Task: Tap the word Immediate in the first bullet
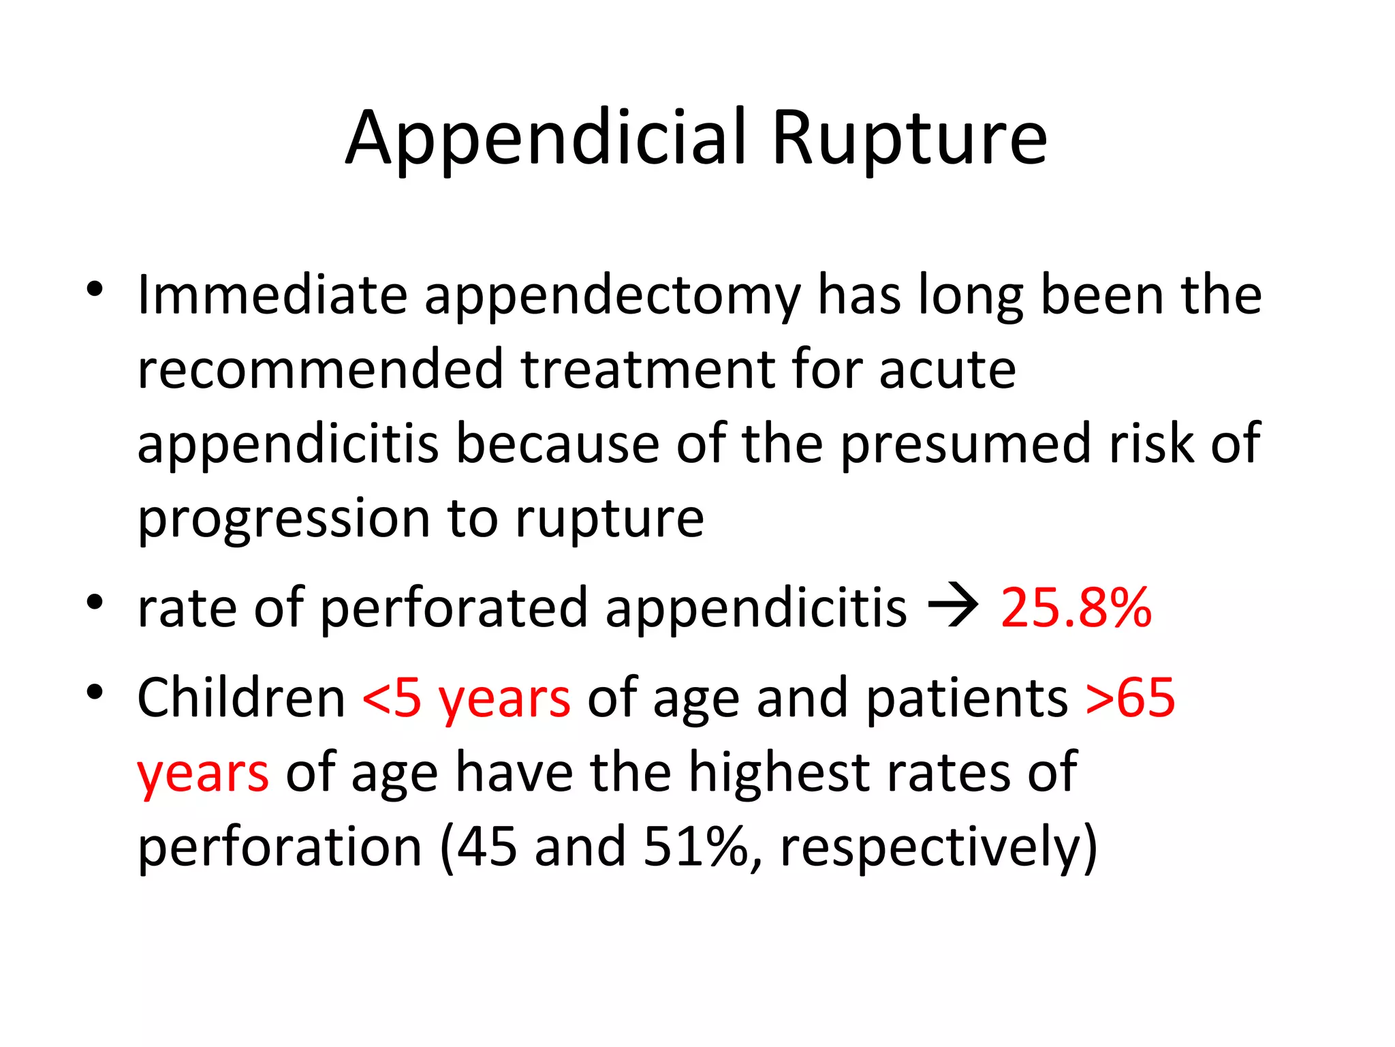pos(272,295)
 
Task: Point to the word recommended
pos(320,369)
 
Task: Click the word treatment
pos(647,369)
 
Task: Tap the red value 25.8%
pos(1076,608)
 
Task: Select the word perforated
pos(453,608)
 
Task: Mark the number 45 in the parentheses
pos(486,847)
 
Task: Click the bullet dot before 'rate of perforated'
pos(95,603)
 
